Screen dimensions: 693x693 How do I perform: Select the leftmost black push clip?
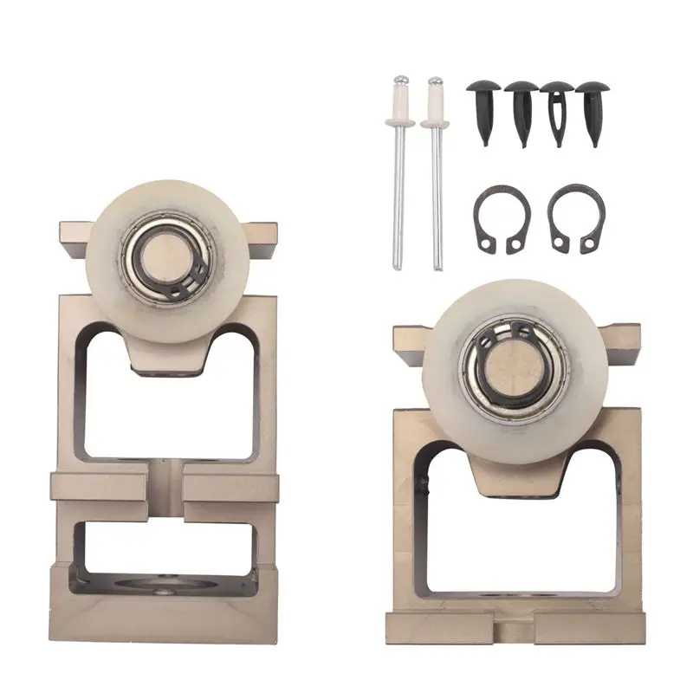481,104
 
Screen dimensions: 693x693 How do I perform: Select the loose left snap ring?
495,221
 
